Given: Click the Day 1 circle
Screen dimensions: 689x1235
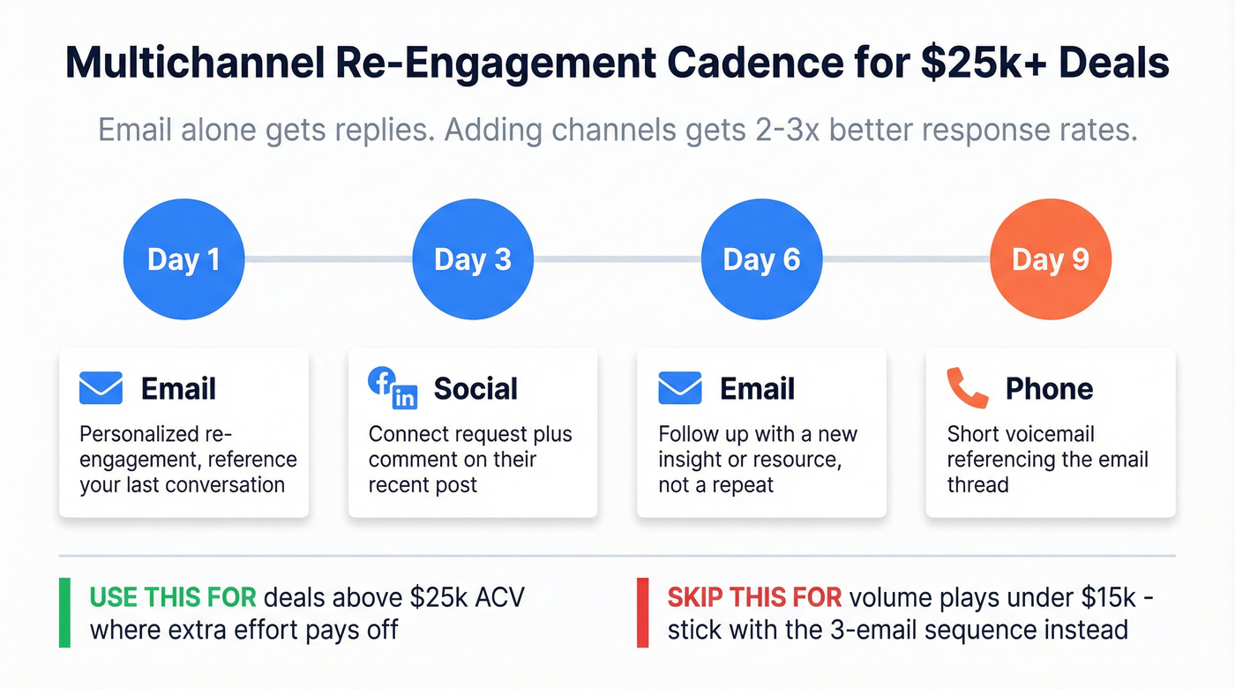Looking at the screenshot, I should tap(183, 259).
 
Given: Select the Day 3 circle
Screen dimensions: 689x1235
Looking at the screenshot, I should tap(473, 259).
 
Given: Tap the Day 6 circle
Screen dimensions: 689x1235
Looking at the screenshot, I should tap(761, 259).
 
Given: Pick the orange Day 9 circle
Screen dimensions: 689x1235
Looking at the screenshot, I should tap(1050, 259).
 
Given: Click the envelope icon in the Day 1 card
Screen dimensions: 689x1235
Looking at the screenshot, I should tap(101, 388).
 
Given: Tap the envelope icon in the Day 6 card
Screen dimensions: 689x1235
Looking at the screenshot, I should tap(680, 388).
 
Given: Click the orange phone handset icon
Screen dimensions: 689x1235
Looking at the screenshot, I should tap(968, 388).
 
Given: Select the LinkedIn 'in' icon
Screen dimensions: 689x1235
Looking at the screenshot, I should tap(405, 396).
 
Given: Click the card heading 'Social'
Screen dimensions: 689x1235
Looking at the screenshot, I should tap(475, 388).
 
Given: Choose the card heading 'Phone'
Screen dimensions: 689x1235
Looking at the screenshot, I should tap(1049, 388).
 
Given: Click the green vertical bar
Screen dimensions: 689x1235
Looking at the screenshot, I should tap(64, 612).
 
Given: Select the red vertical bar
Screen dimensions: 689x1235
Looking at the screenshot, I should tap(642, 612).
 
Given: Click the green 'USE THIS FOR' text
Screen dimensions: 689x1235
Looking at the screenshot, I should tap(173, 597).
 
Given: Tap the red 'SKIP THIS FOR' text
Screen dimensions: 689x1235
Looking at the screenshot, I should tap(754, 597).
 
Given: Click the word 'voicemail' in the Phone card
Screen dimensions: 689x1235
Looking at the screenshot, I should tap(1051, 435).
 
